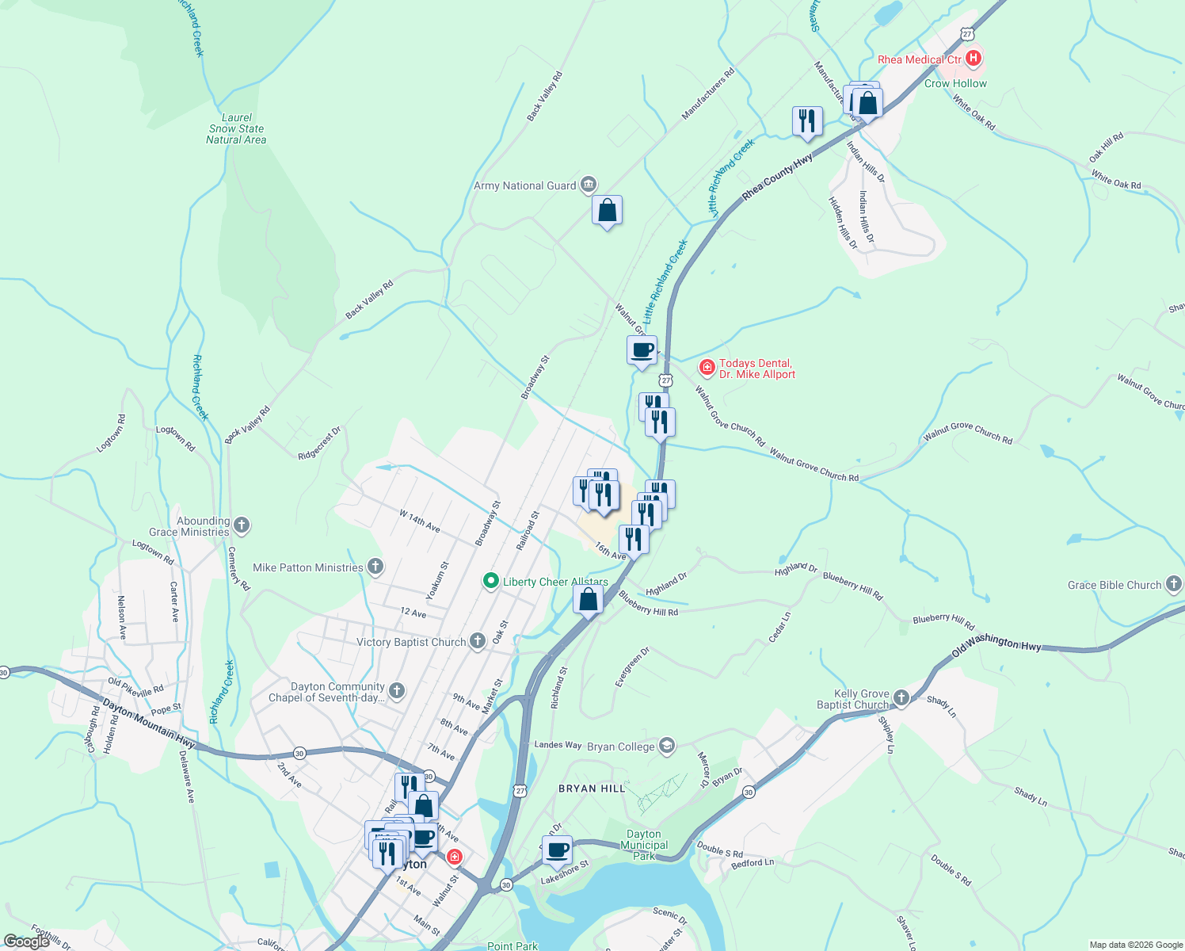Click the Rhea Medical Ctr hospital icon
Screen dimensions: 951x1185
(974, 59)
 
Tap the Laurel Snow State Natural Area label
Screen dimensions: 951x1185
(236, 128)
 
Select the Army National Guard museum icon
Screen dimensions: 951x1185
(588, 185)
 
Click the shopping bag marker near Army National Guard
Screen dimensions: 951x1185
(607, 211)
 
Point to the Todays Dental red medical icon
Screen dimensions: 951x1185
(707, 368)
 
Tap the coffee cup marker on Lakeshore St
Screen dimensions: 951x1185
(557, 850)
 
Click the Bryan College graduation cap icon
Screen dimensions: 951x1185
(667, 746)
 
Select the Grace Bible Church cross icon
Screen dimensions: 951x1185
(1174, 585)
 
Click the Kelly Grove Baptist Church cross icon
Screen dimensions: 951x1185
(901, 698)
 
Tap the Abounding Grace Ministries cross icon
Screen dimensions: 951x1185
(242, 525)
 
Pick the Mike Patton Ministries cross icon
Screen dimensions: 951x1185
(375, 567)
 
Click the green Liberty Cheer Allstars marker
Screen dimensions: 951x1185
(491, 582)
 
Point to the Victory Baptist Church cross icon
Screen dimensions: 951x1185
(477, 641)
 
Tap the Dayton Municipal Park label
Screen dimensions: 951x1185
(644, 845)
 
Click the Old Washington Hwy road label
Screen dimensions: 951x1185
(996, 645)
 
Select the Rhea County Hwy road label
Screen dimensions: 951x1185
(777, 178)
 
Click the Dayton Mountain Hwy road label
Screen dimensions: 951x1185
(149, 724)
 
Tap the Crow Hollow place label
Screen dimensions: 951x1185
(955, 83)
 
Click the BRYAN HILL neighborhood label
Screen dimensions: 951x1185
(592, 789)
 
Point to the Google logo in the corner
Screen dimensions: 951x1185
(27, 941)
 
